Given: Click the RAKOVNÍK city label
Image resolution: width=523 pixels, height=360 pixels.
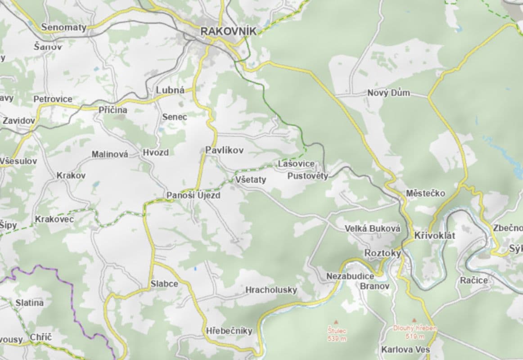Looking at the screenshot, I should (x=228, y=31).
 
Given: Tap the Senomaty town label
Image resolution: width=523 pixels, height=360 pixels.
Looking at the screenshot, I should (x=63, y=27).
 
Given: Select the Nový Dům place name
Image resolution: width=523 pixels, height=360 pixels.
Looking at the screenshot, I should (x=388, y=93).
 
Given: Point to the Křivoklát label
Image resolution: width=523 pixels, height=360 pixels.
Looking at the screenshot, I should (x=435, y=236).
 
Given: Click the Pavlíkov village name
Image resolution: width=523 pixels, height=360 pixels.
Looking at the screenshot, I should (x=224, y=150).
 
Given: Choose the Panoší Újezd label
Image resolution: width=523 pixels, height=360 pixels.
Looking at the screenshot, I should (x=194, y=196).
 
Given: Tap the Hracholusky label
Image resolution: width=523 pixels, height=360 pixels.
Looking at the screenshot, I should (x=271, y=290).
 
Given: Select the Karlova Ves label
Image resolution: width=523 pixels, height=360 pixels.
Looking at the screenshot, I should (x=405, y=350).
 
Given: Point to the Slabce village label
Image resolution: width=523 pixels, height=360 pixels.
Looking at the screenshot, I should (x=164, y=284).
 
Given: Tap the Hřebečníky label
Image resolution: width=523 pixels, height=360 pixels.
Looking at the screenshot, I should (x=229, y=331).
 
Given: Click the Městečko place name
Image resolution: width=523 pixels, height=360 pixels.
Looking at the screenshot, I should (x=425, y=193).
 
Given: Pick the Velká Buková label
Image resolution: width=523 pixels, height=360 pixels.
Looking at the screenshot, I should (x=372, y=229).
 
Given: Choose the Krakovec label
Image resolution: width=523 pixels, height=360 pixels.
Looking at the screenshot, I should (x=54, y=219).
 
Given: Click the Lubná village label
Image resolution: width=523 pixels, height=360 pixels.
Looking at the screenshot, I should (x=170, y=90).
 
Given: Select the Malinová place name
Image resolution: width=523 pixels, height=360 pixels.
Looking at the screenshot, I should (x=110, y=154).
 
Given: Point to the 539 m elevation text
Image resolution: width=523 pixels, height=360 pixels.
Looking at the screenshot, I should (x=337, y=339).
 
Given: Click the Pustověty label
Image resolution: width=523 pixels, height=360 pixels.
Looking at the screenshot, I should (x=308, y=176).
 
